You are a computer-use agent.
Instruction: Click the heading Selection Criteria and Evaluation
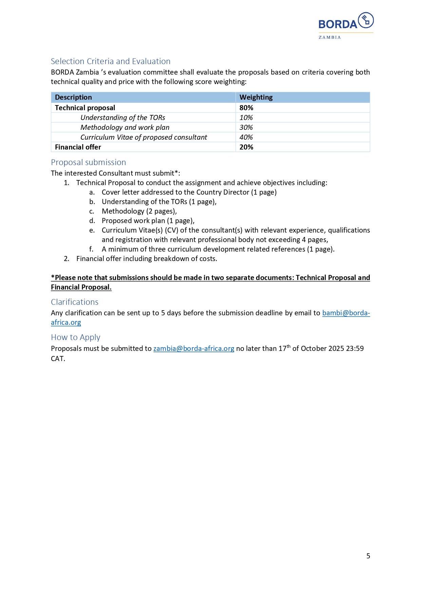[110, 61]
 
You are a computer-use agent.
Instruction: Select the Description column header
[73, 97]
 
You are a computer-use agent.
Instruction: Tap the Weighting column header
[256, 97]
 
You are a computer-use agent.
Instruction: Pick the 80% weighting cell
[246, 108]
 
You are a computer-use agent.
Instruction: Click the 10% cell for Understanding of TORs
[246, 118]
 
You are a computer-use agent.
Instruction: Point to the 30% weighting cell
[246, 127]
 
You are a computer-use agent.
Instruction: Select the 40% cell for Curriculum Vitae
[246, 137]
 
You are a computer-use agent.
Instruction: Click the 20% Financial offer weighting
[246, 147]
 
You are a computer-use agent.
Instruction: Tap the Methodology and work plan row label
[125, 127]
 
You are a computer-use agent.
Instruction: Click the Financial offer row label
[78, 147]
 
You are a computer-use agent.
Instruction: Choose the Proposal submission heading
[88, 162]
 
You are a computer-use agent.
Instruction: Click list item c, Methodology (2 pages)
[139, 211]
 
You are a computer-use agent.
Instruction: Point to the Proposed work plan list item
[148, 221]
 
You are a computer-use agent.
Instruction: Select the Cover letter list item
[189, 192]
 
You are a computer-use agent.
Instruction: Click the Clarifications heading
[75, 302]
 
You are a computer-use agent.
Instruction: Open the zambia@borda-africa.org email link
[194, 349]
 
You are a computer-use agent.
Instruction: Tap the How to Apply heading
[75, 337]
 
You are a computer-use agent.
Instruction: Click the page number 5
[368, 556]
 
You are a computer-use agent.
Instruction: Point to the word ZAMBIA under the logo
[329, 38]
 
